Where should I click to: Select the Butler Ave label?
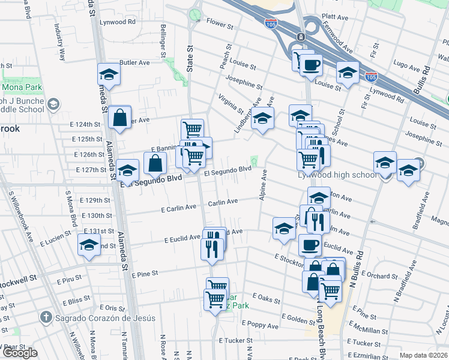(134, 62)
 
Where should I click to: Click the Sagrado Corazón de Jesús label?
(106, 318)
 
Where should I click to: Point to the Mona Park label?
(21, 87)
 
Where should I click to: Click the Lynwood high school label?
(338, 175)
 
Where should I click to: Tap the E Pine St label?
(144, 274)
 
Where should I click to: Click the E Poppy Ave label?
(261, 326)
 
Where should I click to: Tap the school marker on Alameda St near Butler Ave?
(109, 74)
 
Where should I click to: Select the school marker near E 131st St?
(89, 245)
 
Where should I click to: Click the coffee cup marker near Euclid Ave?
(310, 245)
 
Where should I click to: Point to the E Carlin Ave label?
(179, 208)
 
